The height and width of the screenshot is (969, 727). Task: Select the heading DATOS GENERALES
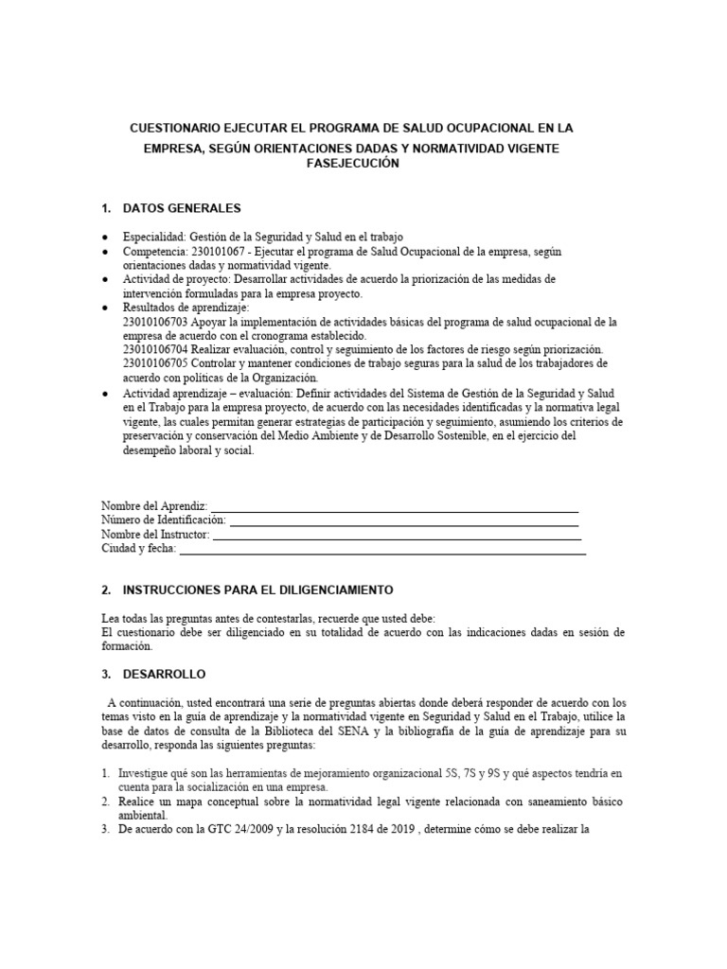click(x=182, y=208)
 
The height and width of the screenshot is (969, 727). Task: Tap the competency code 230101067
click(x=223, y=252)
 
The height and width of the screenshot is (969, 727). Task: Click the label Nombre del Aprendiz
click(x=153, y=506)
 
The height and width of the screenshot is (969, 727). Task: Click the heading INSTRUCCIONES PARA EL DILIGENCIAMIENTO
click(x=257, y=590)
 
